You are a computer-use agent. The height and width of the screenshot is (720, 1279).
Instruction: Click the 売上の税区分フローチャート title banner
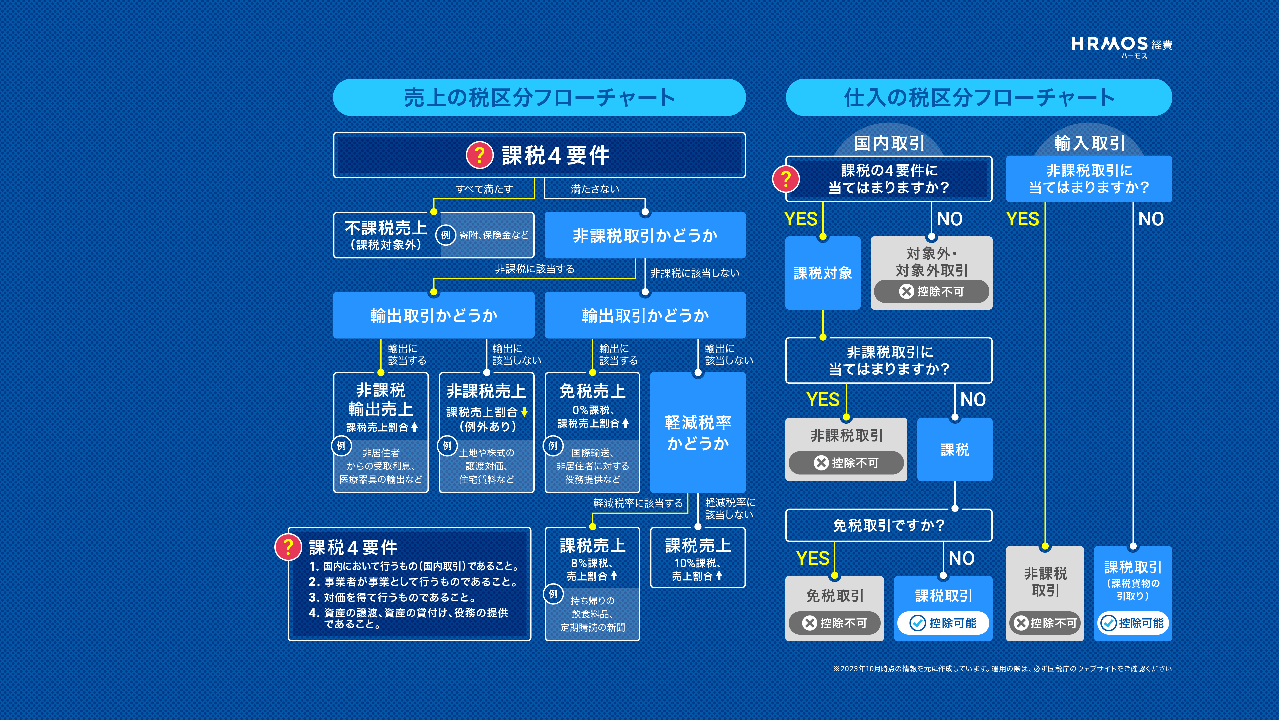[539, 97]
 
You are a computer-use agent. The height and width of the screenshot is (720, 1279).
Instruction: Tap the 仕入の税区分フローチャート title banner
[979, 97]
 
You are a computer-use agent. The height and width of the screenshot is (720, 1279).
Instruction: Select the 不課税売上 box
[433, 235]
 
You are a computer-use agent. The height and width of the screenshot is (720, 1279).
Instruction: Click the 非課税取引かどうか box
[645, 235]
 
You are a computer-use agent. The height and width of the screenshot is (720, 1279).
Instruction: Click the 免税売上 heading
[592, 391]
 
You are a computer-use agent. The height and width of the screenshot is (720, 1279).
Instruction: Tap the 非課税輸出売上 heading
[381, 400]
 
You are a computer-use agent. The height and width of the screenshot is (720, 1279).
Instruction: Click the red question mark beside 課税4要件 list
[288, 547]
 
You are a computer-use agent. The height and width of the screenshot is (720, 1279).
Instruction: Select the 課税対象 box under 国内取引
[823, 273]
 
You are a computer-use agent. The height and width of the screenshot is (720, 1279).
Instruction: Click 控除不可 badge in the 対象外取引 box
[932, 291]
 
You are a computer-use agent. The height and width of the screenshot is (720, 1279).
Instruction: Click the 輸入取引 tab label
[1089, 143]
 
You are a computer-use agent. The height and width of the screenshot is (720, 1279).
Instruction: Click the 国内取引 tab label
[889, 143]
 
